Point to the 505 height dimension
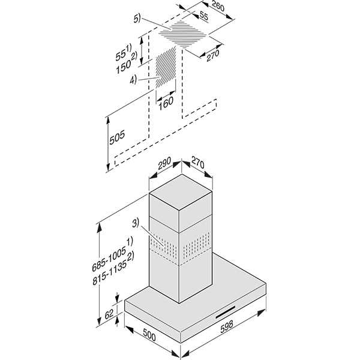(x=118, y=137)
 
